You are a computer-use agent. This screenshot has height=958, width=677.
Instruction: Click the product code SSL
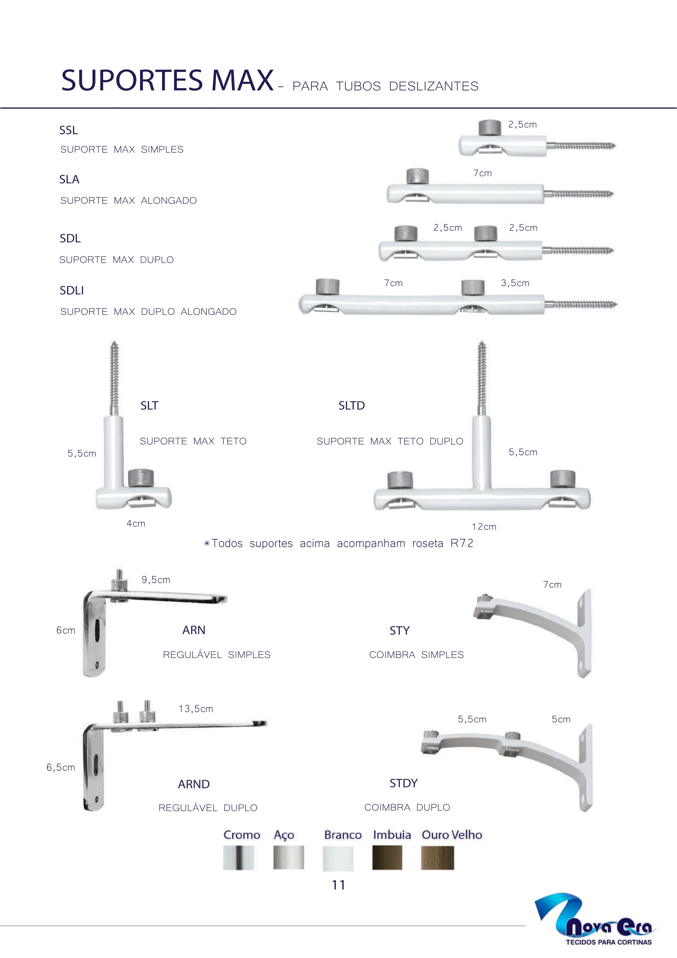[69, 130]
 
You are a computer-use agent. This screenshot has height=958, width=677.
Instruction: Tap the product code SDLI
[72, 290]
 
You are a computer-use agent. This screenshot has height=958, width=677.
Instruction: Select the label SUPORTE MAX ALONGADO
[128, 201]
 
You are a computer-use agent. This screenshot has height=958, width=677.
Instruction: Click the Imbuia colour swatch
[387, 857]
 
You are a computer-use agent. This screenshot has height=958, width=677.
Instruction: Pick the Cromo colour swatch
[238, 857]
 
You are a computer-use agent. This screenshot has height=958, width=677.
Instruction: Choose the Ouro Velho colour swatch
[437, 857]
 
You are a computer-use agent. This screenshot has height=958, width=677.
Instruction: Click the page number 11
[339, 885]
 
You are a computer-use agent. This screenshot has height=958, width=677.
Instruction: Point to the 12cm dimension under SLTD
[484, 527]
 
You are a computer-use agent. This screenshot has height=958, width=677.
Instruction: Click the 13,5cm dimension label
[196, 709]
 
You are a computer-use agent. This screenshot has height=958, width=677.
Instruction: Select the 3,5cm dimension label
[515, 283]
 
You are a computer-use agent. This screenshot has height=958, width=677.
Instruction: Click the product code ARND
[194, 784]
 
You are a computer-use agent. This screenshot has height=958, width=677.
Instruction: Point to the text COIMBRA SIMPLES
[416, 655]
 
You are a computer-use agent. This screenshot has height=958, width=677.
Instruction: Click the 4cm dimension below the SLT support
[136, 524]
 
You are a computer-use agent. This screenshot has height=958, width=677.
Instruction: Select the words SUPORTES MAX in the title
[168, 80]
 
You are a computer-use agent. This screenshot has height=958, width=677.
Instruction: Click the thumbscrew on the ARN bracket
[119, 580]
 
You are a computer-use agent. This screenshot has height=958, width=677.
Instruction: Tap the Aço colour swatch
[288, 857]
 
